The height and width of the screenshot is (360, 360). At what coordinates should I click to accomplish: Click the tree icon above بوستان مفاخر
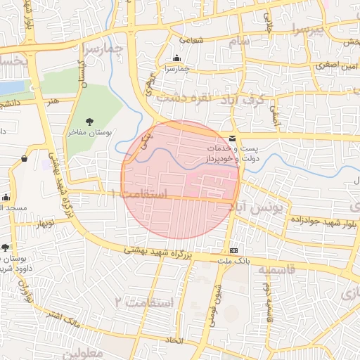click(x=89, y=122)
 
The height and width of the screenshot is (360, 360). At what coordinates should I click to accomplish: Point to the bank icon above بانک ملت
click(x=233, y=251)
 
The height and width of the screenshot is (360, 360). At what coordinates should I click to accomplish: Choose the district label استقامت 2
click(x=143, y=302)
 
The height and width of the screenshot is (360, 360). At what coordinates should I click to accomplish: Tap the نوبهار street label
click(x=40, y=224)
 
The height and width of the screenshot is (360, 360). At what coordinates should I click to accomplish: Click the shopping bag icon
click(x=25, y=159)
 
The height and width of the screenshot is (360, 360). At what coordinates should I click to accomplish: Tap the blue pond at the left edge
click(x=11, y=88)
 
